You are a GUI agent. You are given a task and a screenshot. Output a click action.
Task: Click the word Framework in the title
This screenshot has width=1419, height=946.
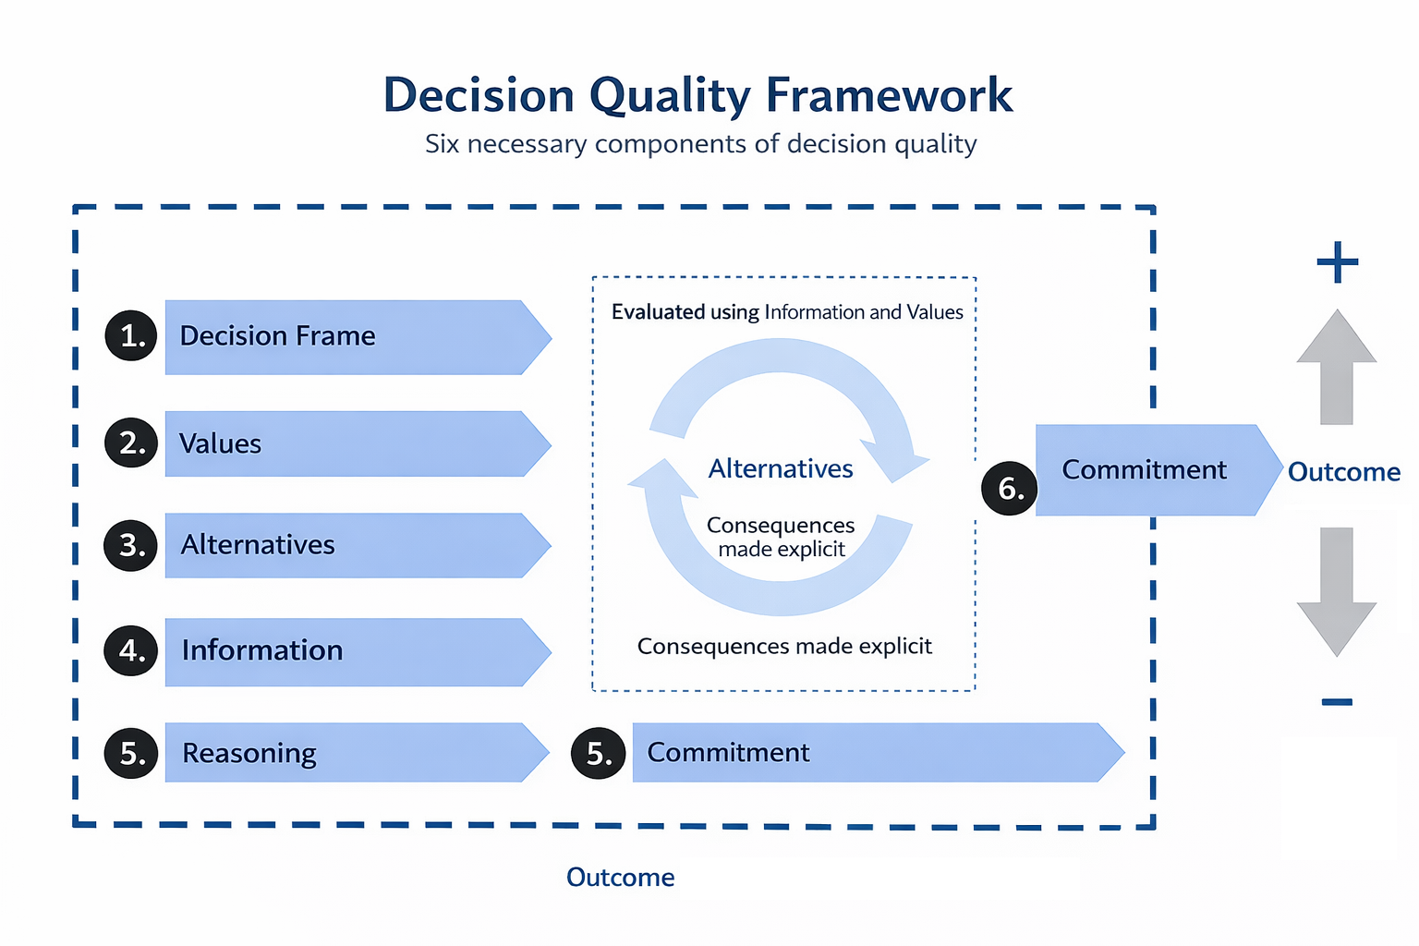(x=889, y=96)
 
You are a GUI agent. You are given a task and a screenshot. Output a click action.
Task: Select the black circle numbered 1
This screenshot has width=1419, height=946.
(x=131, y=335)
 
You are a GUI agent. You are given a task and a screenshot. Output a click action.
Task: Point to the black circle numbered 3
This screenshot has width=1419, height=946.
(x=131, y=545)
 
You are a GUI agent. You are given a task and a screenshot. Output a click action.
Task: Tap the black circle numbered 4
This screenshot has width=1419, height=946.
(x=131, y=650)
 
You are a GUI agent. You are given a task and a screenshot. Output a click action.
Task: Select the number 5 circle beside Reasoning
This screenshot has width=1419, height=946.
(x=131, y=753)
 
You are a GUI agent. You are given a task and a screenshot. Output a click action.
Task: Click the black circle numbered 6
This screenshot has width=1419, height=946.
(x=1010, y=488)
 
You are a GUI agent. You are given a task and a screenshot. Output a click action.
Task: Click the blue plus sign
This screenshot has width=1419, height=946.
(x=1337, y=263)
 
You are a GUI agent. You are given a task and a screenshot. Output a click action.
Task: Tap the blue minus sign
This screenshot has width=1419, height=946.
(x=1337, y=702)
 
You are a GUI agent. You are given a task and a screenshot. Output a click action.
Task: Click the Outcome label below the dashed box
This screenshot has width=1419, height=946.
(x=620, y=878)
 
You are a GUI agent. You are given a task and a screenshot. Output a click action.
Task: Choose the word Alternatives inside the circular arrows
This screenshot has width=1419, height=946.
(x=781, y=469)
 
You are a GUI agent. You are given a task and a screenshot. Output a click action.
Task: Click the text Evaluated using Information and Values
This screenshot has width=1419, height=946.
(x=787, y=312)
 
